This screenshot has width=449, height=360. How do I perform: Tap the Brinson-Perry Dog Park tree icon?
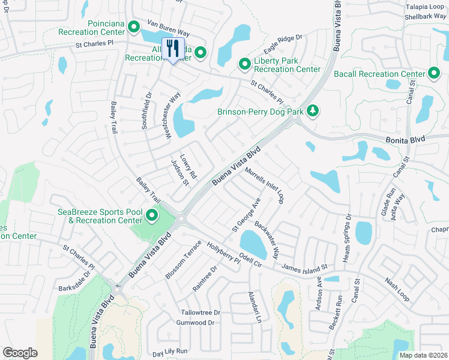[312, 110]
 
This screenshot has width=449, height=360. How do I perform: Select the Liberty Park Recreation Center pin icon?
[244, 64]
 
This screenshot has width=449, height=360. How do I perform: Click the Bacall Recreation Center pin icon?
[434, 73]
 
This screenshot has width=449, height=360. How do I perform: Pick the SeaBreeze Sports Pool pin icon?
[152, 215]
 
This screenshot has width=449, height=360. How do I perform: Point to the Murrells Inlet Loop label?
[264, 186]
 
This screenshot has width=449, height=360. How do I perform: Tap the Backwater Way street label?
[267, 239]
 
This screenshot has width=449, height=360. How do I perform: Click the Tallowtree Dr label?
[201, 313]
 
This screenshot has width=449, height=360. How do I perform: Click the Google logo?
[20, 353]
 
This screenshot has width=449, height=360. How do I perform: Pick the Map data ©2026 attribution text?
[423, 355]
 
